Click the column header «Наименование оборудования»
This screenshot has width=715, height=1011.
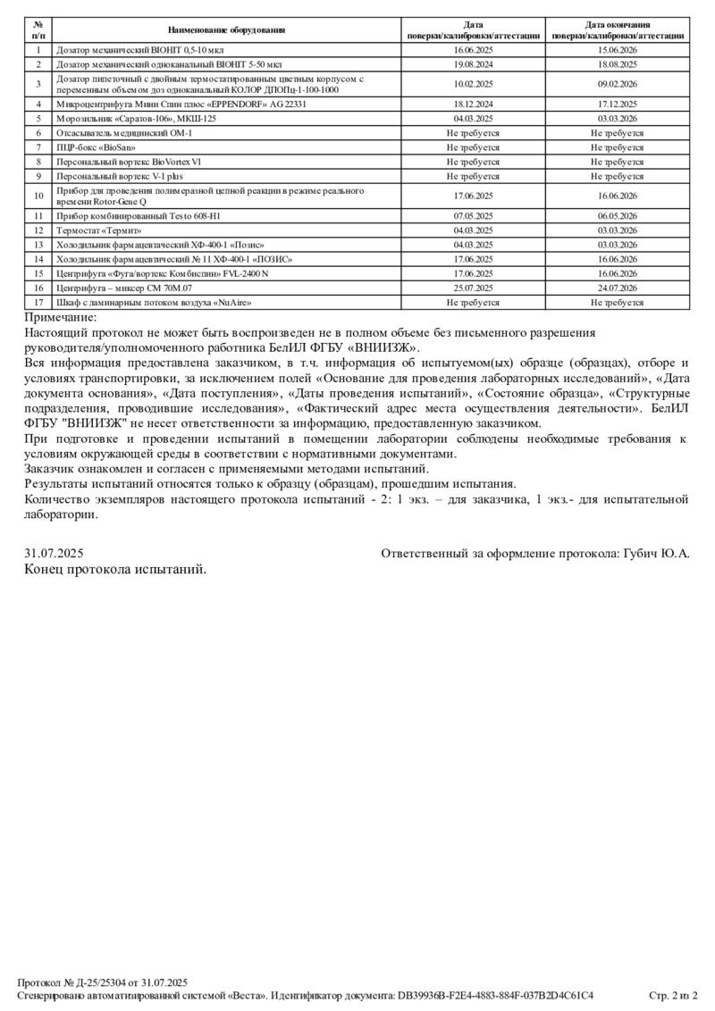[x=226, y=30]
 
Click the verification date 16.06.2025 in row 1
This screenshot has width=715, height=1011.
[x=474, y=51]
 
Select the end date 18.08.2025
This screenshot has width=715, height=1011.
[x=618, y=64]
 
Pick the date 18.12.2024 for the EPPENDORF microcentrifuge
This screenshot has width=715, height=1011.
[x=474, y=104]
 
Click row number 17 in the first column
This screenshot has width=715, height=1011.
[x=38, y=302]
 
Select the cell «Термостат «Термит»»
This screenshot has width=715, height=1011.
[x=99, y=230]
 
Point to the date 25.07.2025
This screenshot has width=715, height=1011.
[x=474, y=288]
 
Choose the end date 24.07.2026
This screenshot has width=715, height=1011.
[x=618, y=288]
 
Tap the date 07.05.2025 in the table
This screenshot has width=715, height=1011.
[x=474, y=216]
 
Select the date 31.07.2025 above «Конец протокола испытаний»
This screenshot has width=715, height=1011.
[x=54, y=554]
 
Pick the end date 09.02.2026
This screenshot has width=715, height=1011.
[x=618, y=84]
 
